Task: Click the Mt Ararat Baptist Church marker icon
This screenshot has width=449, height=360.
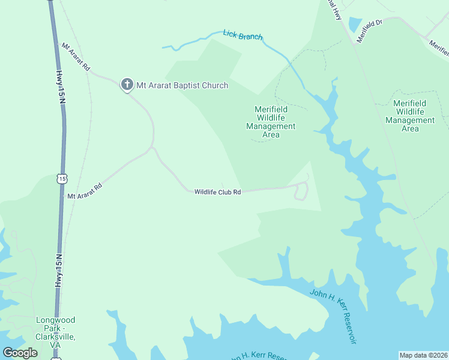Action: [127, 85]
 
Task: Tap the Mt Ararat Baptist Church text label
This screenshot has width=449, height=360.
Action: [182, 85]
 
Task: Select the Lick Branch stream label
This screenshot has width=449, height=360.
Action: [243, 35]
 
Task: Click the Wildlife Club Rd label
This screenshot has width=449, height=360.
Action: [217, 192]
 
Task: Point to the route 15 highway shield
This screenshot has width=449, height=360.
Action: [62, 178]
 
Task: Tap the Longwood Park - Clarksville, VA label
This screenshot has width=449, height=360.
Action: [55, 328]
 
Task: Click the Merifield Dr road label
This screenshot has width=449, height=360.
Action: [369, 31]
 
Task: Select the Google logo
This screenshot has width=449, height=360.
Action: [20, 353]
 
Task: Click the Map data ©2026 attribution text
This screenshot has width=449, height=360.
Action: [423, 355]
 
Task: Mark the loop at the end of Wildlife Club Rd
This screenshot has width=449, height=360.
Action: [301, 191]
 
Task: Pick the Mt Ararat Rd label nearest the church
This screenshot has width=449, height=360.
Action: [75, 58]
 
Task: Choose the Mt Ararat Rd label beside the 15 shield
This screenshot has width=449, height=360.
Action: [85, 191]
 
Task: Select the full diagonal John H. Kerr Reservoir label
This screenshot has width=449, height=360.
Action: [333, 316]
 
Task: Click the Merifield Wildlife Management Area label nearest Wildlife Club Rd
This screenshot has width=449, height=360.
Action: [271, 122]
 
